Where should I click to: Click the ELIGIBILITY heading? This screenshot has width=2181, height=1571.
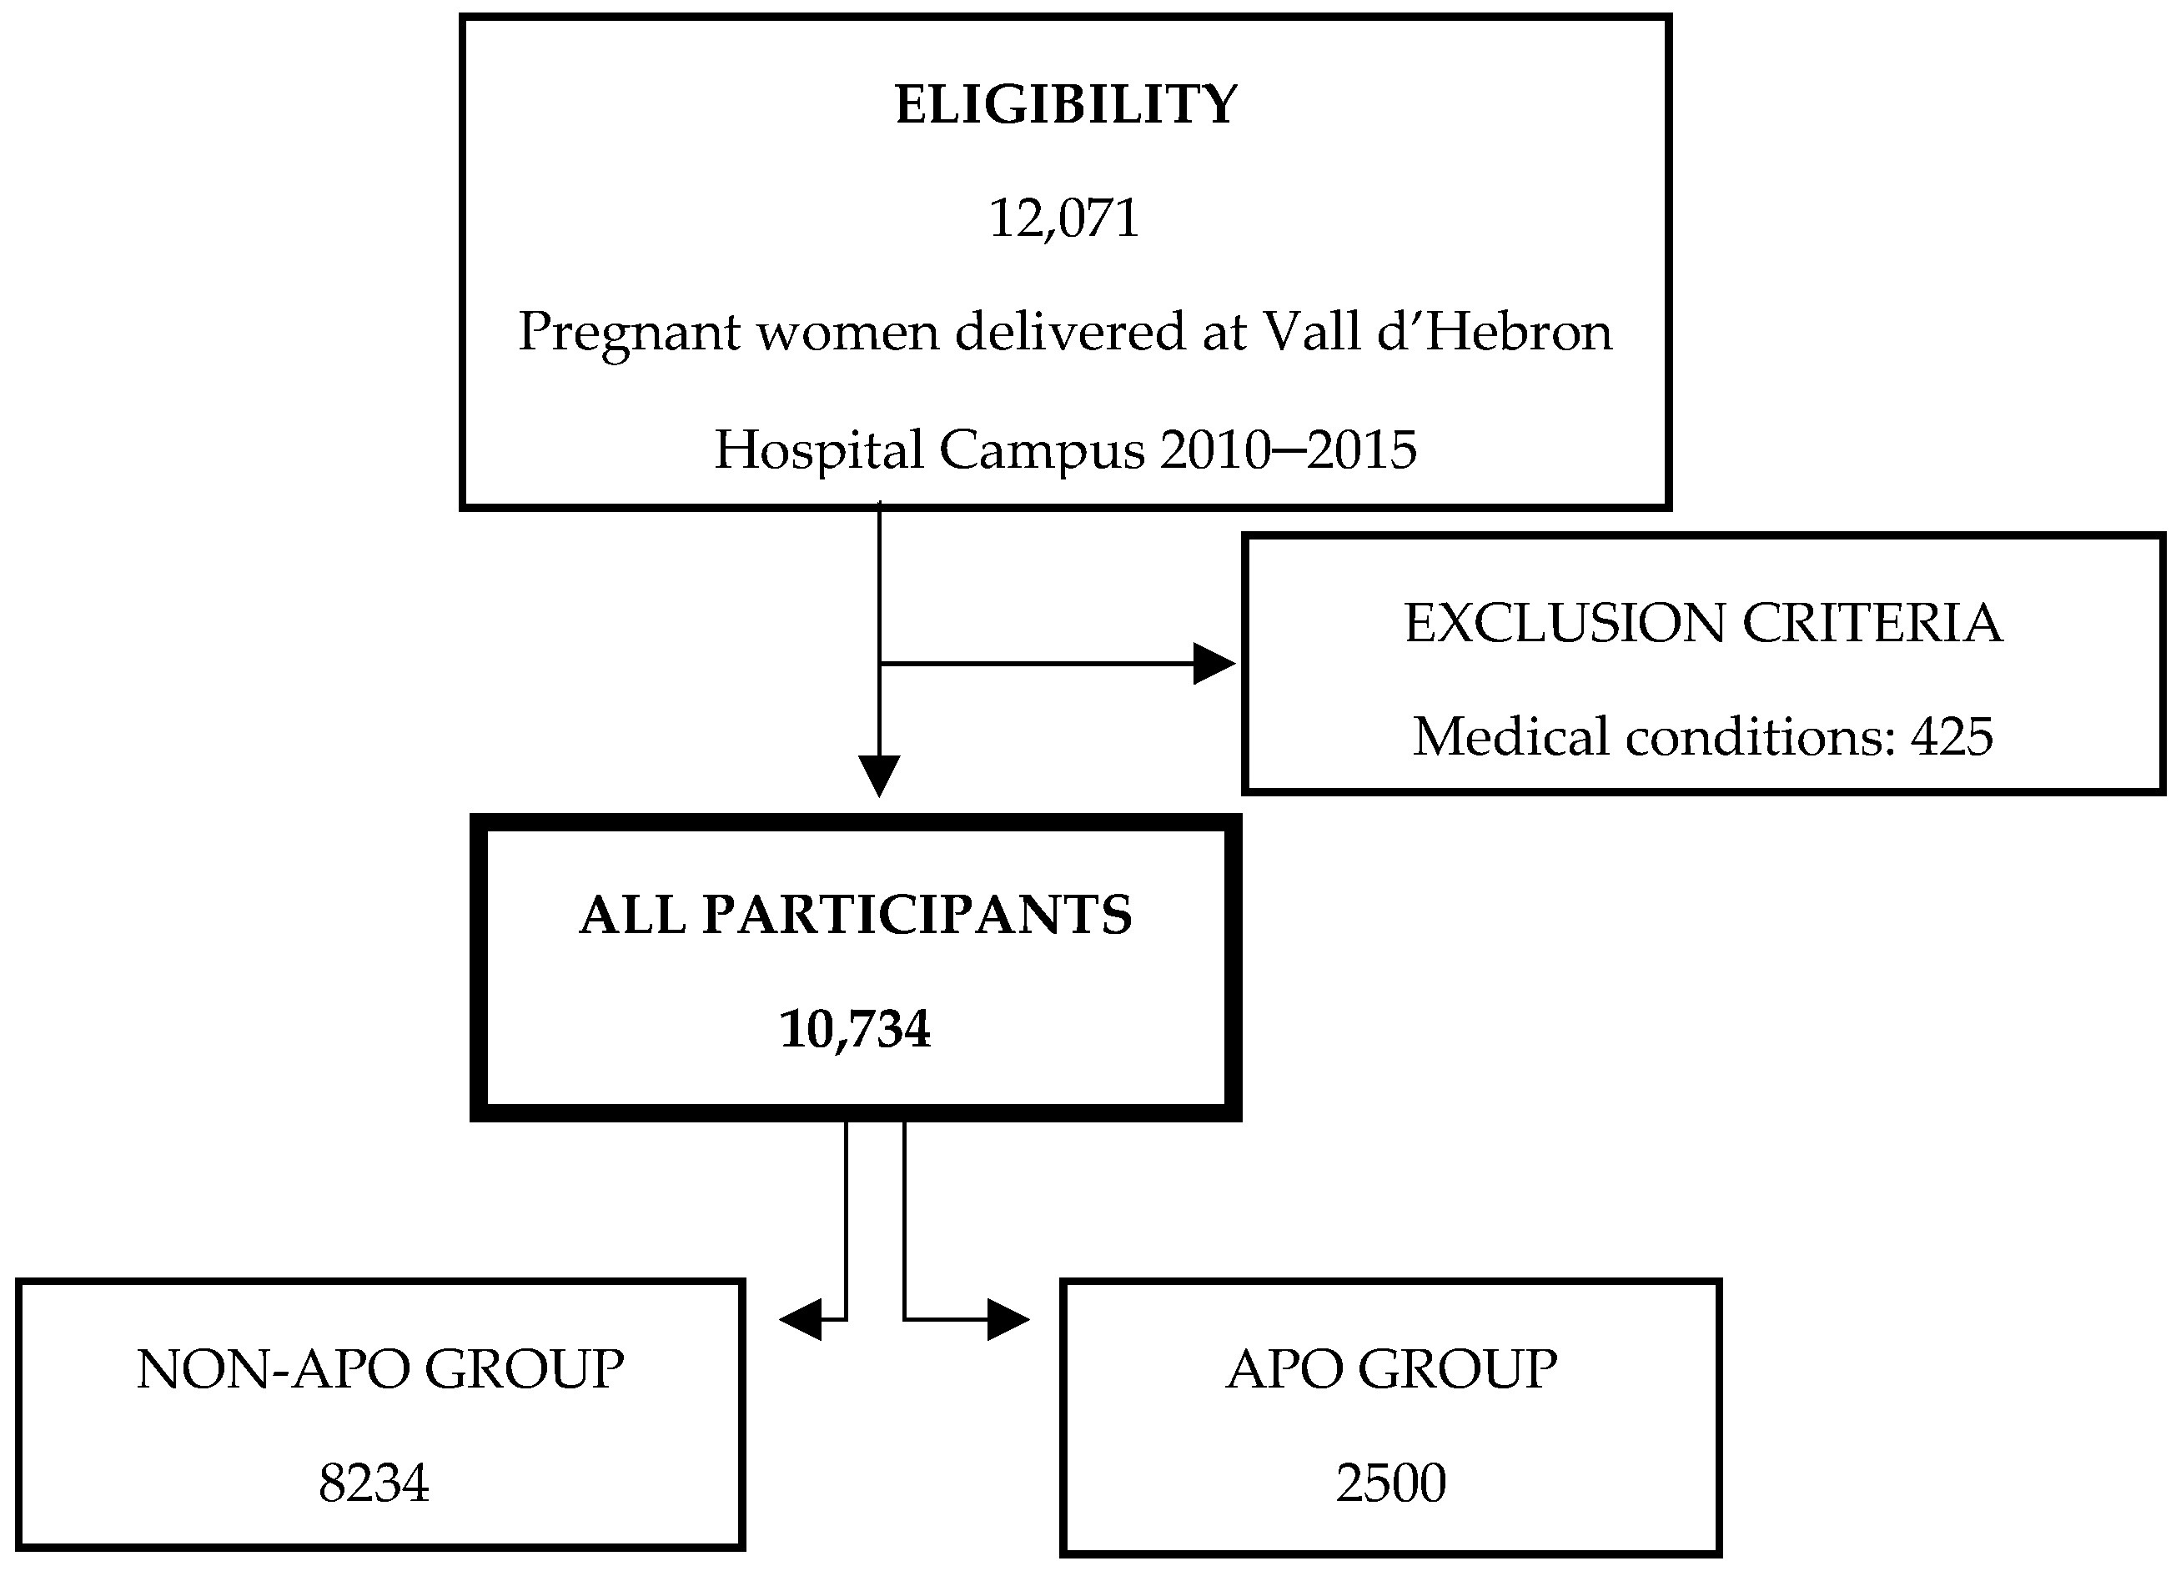tap(1066, 105)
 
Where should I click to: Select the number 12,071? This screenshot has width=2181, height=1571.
tap(1063, 218)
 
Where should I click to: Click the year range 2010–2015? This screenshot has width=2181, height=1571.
tap(1289, 450)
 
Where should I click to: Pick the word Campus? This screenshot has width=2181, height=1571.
tap(1043, 450)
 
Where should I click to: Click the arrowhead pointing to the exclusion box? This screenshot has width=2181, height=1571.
tap(1213, 664)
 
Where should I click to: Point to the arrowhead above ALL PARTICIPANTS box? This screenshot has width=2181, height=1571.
tap(879, 775)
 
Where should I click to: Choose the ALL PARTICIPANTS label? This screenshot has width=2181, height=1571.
tap(855, 915)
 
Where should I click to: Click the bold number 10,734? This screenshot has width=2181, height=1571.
tap(855, 1029)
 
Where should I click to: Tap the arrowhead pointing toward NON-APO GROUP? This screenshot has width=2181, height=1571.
tap(801, 1319)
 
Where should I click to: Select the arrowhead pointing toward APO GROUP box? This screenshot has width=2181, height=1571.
tap(1007, 1319)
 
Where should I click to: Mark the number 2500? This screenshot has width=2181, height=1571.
tap(1390, 1483)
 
